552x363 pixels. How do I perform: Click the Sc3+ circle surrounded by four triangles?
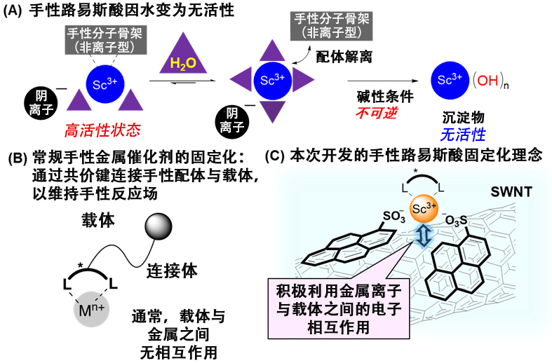[267, 80]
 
